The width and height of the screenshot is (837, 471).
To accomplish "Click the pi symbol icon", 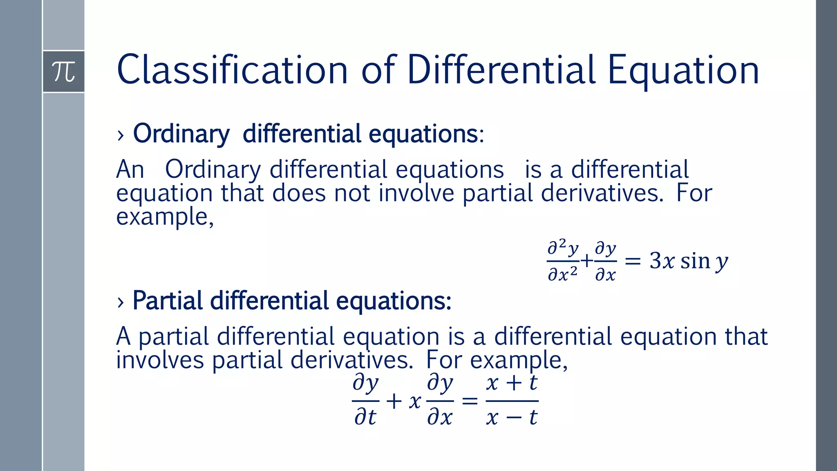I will coord(64,72).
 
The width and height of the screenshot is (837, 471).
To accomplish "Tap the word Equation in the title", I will coord(683,70).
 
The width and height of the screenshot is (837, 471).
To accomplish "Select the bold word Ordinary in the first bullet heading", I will coord(181,134).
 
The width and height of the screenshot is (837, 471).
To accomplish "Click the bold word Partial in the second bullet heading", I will coord(168,301).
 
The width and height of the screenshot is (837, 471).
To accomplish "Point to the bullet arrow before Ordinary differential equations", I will coord(120,135).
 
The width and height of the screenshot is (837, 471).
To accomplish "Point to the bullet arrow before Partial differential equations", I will coord(120,302).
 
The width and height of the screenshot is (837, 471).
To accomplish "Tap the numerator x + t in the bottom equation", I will coord(512,384).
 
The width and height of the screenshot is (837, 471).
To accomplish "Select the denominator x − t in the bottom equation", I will coord(512,418).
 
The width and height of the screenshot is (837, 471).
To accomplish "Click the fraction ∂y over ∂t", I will coord(365,401).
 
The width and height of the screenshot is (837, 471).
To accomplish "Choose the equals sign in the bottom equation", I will coord(470,401).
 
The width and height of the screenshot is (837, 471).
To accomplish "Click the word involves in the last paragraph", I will coord(160,360).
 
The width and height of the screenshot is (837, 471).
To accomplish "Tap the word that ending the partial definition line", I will coord(746,336).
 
